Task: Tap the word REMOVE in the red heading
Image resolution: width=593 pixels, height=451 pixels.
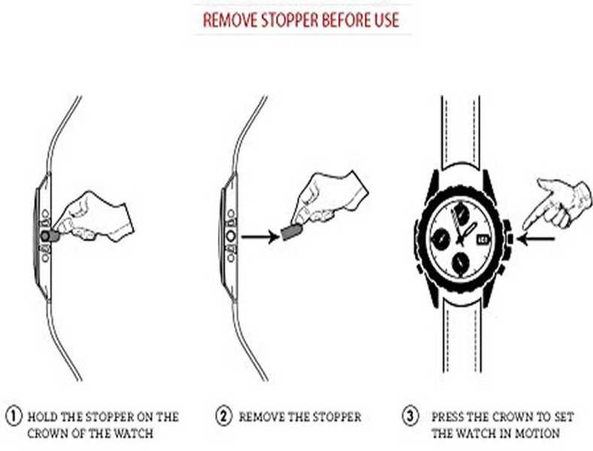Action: (x=229, y=20)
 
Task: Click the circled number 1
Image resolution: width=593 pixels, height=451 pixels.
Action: (x=14, y=416)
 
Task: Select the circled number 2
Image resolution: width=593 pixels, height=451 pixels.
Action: (x=224, y=416)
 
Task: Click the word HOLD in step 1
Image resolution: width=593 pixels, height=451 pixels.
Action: (x=44, y=416)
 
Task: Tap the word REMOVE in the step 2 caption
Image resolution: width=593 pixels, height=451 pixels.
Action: (x=262, y=416)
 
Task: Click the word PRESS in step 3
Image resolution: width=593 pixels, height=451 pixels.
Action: (x=448, y=416)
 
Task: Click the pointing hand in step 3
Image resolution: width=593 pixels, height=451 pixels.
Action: (x=555, y=203)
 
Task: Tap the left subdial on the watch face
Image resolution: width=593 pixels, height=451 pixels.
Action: (x=440, y=239)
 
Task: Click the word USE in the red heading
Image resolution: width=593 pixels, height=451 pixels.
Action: (x=386, y=20)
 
